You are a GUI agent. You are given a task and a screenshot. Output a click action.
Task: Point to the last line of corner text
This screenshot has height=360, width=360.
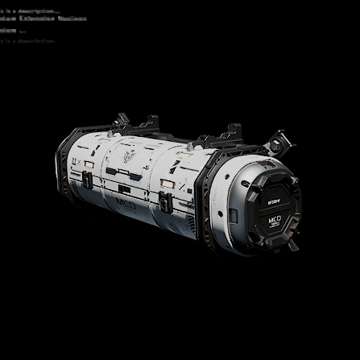point(28,39)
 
